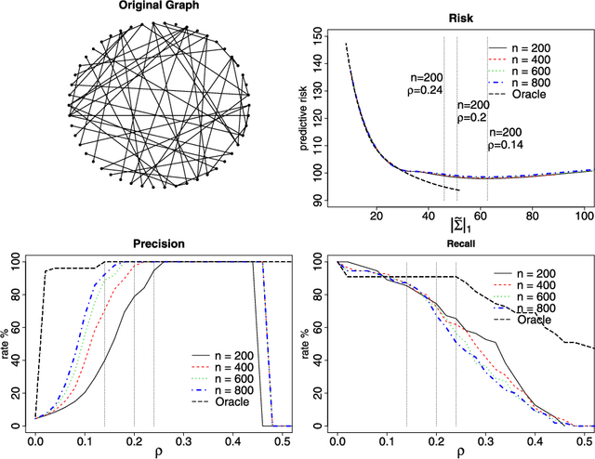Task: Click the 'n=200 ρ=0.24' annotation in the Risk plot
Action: coord(423,85)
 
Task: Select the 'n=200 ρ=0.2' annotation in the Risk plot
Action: coord(472,111)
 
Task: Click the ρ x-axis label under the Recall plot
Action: coord(457,452)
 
